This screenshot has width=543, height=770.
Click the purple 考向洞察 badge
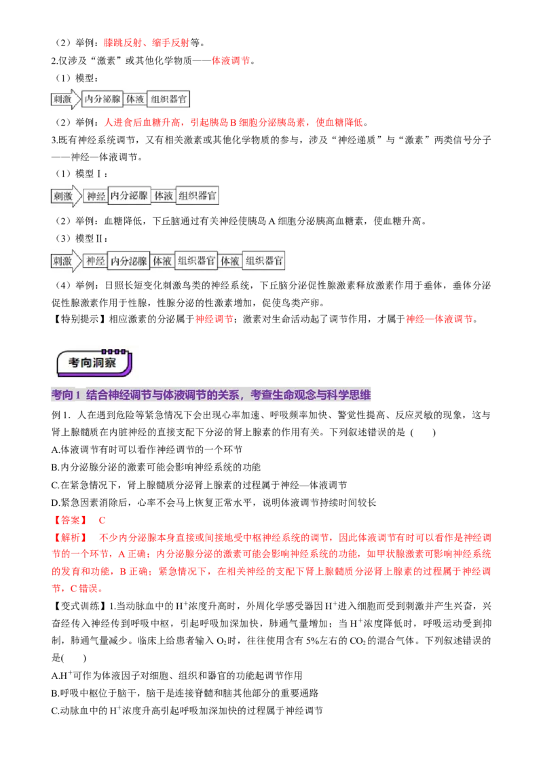click(94, 363)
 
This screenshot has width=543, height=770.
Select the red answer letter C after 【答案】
click(102, 520)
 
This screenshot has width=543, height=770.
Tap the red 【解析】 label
click(70, 537)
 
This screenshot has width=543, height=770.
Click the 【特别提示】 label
click(79, 319)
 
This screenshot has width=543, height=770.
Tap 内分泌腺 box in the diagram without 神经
click(102, 99)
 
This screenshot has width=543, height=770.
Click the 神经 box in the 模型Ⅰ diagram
click(96, 196)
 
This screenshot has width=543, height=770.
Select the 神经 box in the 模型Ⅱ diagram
click(96, 261)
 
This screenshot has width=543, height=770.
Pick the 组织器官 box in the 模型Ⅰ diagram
click(197, 196)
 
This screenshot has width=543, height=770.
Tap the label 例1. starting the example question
click(62, 415)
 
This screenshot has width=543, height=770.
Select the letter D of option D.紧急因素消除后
click(55, 502)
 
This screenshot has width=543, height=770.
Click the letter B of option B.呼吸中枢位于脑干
click(54, 693)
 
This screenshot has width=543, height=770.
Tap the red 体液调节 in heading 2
click(230, 60)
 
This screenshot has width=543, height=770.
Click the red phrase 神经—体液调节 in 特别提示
click(439, 319)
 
